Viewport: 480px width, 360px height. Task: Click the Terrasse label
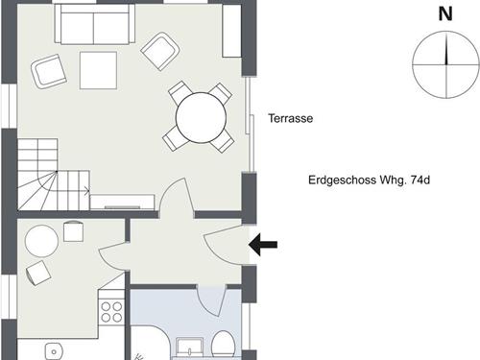(291, 118)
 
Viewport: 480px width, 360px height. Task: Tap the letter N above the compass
(445, 14)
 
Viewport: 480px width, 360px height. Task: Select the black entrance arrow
(263, 245)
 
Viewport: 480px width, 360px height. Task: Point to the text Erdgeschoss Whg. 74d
(369, 180)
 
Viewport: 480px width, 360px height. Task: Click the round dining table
(202, 117)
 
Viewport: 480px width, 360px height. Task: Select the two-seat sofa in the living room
(95, 24)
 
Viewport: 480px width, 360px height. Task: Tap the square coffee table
(98, 70)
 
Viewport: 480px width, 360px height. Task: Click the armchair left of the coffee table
(49, 71)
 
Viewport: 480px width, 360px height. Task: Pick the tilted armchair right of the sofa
(160, 51)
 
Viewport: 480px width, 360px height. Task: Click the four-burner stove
(111, 312)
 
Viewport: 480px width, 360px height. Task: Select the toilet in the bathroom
(224, 345)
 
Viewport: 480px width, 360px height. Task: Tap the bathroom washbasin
(190, 348)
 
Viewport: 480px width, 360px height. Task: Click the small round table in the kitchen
(41, 241)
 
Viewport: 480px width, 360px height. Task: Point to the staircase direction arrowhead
(87, 191)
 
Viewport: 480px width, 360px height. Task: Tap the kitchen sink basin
(54, 351)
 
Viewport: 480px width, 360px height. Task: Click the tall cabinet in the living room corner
(231, 31)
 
